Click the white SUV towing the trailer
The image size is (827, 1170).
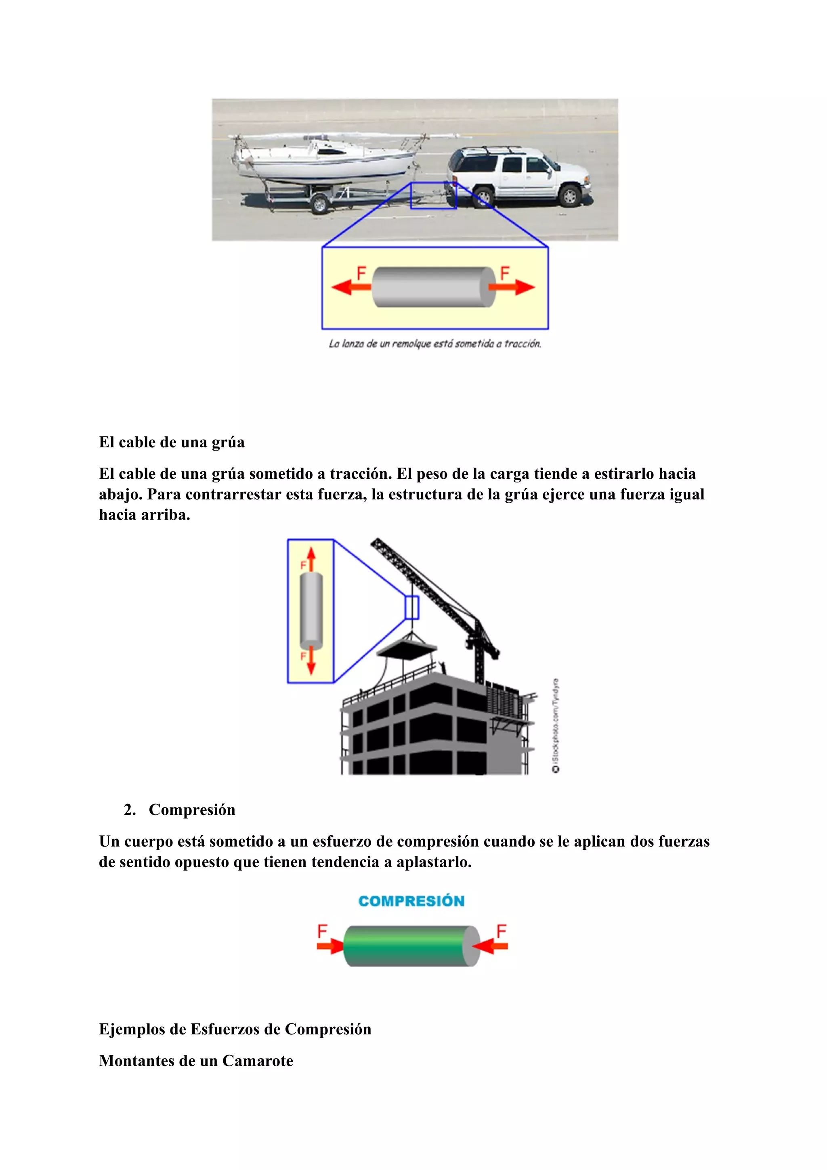click(520, 176)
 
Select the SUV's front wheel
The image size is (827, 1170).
click(570, 196)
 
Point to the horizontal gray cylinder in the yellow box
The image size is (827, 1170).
click(433, 287)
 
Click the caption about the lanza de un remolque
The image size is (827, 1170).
click(434, 344)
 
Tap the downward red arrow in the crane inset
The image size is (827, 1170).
click(311, 661)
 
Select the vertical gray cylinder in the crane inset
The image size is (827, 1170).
click(311, 610)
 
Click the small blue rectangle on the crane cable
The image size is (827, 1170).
click(412, 608)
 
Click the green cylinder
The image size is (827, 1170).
click(407, 946)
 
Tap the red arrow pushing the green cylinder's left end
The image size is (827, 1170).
click(330, 946)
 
